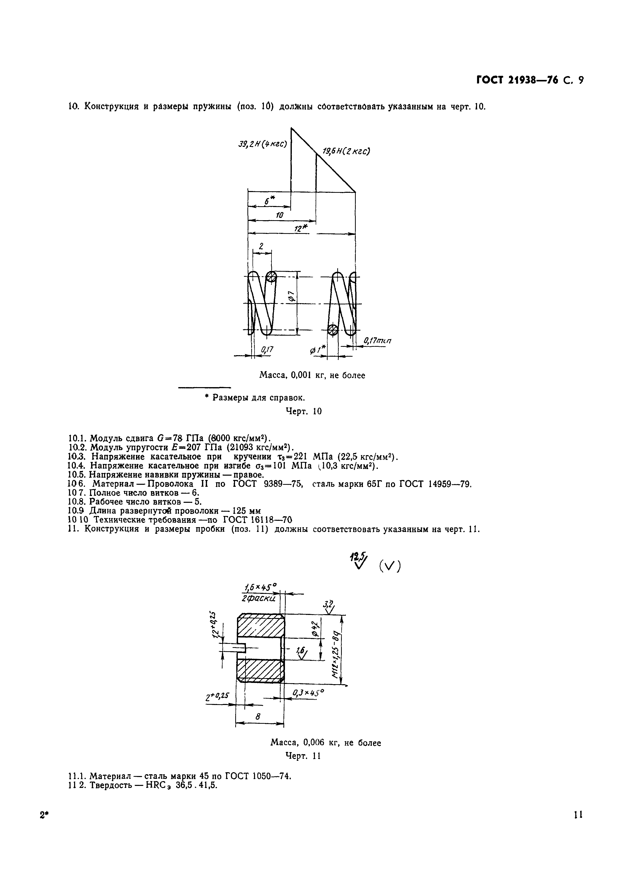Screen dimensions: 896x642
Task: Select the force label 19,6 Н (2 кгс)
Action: tap(346, 151)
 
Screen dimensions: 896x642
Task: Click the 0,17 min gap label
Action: tap(378, 340)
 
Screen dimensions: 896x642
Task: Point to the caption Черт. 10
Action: tap(303, 411)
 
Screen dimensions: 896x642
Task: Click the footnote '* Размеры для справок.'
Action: tap(255, 397)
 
